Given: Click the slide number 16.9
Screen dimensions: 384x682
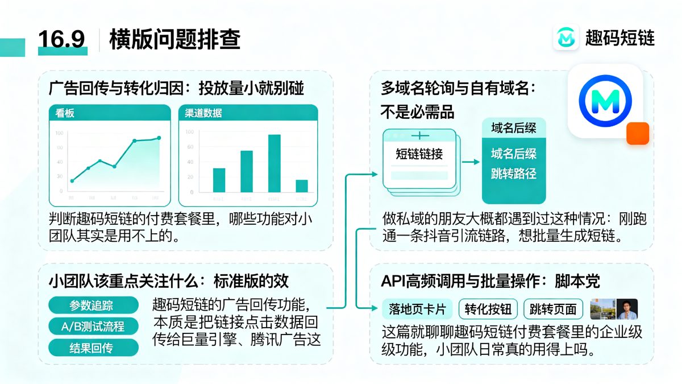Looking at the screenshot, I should click(61, 39).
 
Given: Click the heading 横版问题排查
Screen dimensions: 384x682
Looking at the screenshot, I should click(174, 39).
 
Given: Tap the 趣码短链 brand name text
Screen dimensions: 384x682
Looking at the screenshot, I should click(620, 38).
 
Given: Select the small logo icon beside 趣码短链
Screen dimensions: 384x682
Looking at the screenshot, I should click(566, 38).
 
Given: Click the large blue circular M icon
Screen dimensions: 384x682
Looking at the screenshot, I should click(605, 101).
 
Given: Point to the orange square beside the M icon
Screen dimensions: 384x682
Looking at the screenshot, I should click(637, 133).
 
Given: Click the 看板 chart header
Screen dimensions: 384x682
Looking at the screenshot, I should click(65, 113).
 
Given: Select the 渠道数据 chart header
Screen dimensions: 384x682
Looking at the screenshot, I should click(203, 113).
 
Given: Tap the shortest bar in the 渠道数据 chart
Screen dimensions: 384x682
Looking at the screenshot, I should click(302, 186).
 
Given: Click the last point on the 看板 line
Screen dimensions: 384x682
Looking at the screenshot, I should click(159, 138).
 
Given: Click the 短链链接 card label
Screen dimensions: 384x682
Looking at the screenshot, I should click(419, 154).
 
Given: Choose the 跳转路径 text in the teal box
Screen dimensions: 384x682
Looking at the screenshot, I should click(514, 173).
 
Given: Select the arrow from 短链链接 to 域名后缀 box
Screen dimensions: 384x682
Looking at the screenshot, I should click(471, 162).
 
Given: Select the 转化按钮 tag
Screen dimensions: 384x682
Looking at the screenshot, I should click(488, 309).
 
